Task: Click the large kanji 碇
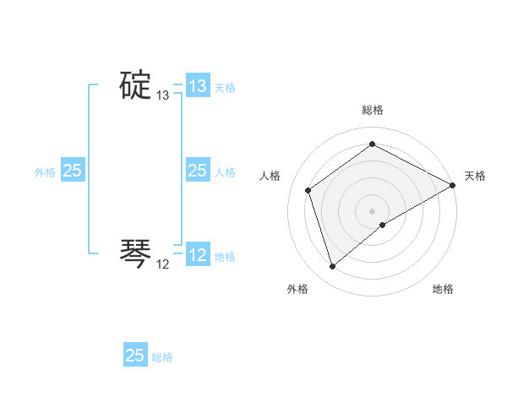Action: tap(134, 85)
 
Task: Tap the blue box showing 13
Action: tap(198, 86)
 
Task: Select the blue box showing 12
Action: tap(198, 255)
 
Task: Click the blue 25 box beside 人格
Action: tap(197, 171)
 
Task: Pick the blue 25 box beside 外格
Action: tap(73, 171)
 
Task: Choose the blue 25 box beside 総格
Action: tap(135, 356)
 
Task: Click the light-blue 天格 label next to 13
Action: tap(225, 88)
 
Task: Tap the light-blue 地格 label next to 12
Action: tap(225, 257)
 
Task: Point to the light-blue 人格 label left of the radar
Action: tap(225, 172)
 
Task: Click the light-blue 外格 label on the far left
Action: tap(45, 172)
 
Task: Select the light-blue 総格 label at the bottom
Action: tap(162, 357)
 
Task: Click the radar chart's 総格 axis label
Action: tap(373, 110)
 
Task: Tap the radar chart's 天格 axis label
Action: tap(475, 176)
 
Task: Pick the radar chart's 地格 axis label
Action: tap(443, 289)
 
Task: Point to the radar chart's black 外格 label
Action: tap(297, 289)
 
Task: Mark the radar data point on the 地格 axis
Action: tap(383, 225)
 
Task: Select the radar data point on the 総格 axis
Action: tap(373, 144)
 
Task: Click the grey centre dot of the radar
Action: tap(373, 210)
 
